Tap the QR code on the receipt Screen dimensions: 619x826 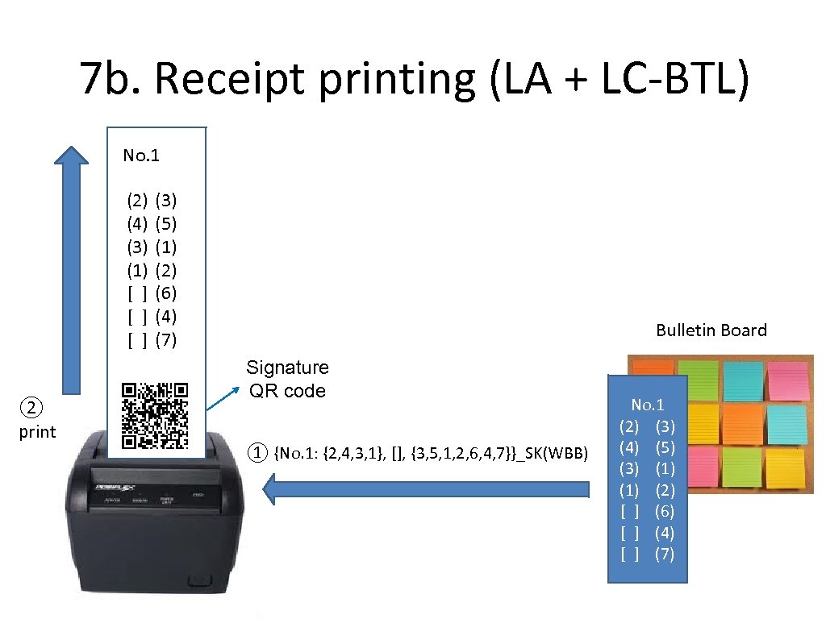(155, 415)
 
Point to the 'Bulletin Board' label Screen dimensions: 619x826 (711, 330)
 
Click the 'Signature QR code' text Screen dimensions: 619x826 (287, 380)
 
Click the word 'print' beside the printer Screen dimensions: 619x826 (37, 432)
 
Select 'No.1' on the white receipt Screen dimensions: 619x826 (141, 156)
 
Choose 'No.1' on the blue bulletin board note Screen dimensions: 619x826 (647, 405)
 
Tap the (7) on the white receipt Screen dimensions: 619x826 (165, 340)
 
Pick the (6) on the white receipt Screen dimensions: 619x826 (165, 293)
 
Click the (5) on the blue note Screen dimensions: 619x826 (665, 447)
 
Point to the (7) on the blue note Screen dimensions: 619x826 (665, 555)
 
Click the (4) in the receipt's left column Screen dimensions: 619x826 (137, 222)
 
